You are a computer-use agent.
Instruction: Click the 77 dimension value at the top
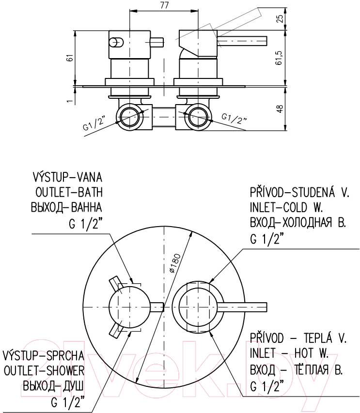coord(164,5)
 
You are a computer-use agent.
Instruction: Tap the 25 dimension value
coord(280,18)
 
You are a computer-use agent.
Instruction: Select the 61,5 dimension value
coord(280,57)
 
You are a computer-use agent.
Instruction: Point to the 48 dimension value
coord(280,108)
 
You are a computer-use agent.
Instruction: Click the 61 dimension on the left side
coord(69,58)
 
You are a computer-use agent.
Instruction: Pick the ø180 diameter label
coord(175,263)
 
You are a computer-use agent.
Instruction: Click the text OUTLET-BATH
coord(69,193)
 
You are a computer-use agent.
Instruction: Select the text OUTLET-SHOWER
coord(44,371)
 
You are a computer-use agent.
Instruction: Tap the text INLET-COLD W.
coord(286,208)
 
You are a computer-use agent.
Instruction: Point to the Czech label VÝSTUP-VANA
coord(67,177)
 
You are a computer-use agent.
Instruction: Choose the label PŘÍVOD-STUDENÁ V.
coord(299,192)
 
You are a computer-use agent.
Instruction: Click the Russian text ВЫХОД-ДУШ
coord(53,387)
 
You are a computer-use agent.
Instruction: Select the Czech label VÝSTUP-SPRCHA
coord(44,355)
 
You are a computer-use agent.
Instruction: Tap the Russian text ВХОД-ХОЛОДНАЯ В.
coord(298,223)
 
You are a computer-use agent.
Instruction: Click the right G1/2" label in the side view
coord(234,119)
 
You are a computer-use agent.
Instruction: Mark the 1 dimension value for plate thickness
coord(70,101)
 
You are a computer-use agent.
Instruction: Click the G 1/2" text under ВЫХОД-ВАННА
coord(85,223)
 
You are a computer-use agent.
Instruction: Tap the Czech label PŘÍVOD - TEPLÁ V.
coord(298,338)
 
